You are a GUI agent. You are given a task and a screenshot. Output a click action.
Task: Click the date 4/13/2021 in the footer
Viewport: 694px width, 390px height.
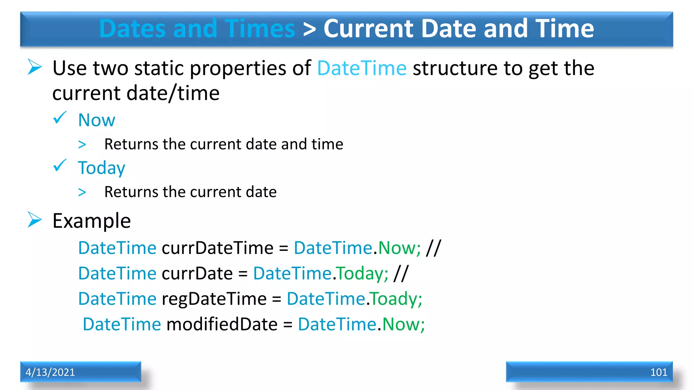click(50, 372)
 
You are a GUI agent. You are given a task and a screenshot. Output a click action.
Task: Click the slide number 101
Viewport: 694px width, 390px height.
click(658, 372)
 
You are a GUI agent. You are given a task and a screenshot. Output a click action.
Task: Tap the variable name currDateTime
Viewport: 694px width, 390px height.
click(217, 248)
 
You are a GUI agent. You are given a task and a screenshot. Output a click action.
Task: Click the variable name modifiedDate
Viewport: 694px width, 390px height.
click(222, 324)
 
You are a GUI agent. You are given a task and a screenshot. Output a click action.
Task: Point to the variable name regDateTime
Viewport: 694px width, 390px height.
click(214, 299)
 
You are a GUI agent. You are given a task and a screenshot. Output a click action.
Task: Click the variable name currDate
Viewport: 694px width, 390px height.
click(197, 273)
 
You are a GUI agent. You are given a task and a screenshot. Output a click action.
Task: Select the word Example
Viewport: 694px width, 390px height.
click(91, 221)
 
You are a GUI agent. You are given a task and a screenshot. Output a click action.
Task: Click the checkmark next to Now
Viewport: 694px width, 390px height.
click(60, 118)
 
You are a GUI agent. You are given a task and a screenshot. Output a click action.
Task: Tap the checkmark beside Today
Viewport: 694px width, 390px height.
click(60, 166)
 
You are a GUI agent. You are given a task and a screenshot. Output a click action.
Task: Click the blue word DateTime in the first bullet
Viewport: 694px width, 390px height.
click(362, 68)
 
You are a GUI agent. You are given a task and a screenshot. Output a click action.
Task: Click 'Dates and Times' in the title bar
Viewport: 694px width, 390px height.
click(197, 28)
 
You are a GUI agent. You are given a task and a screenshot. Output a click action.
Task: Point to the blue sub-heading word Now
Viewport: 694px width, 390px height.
click(97, 120)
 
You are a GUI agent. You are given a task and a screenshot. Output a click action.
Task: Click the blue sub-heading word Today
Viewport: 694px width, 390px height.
click(101, 168)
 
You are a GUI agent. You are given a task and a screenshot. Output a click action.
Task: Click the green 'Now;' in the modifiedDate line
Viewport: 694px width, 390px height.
click(403, 324)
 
